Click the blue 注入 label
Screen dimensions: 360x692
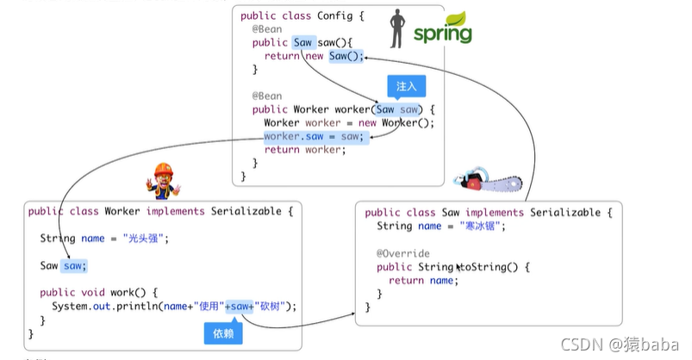pos(406,87)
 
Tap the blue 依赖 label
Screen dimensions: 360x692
pos(222,332)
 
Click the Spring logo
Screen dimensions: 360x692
pos(442,28)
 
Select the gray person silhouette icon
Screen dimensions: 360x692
pos(397,28)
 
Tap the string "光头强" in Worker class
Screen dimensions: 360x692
pos(144,238)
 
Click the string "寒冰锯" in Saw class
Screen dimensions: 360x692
pos(482,226)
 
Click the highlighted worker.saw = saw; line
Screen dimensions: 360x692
pos(315,136)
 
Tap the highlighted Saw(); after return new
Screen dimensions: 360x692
pos(346,55)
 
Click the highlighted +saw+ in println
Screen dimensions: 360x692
pos(240,306)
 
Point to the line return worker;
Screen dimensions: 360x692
pos(304,150)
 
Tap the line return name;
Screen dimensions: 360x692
pos(423,280)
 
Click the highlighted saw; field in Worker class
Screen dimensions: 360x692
pos(75,265)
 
